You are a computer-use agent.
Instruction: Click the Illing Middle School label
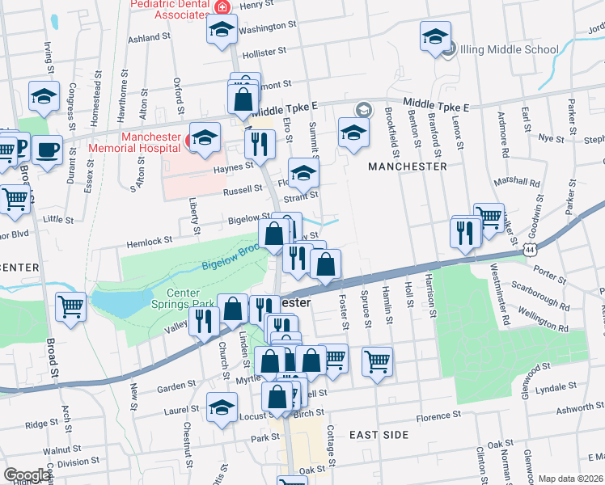coord(509,49)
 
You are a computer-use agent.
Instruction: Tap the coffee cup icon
coord(47,149)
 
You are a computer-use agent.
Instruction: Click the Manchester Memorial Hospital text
coord(150,142)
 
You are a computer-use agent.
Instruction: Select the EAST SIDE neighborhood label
coord(379,435)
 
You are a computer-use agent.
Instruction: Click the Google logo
coord(26,475)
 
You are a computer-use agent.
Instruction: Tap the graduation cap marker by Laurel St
coord(222,407)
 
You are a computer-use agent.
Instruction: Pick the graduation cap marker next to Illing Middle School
coord(435,36)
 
